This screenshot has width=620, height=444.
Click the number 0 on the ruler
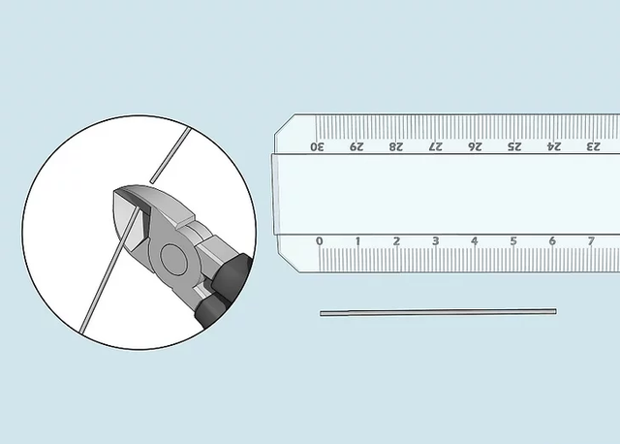click(320, 241)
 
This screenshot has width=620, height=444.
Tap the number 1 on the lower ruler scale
click(357, 241)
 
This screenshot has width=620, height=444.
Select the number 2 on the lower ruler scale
click(396, 241)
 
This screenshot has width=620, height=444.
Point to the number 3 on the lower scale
click(436, 241)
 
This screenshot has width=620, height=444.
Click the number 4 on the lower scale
click(475, 241)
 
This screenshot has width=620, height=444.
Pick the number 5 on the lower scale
click(513, 241)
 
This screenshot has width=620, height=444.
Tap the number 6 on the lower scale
click(552, 241)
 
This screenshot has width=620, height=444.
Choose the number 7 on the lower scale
click(591, 241)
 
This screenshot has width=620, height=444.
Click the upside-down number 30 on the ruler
click(317, 146)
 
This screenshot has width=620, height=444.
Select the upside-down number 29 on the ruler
click(356, 146)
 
